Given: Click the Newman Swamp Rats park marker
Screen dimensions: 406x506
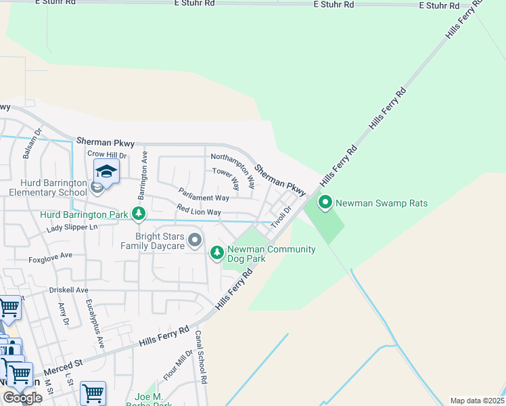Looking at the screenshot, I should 325,202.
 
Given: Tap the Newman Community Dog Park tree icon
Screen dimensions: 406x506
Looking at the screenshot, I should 217,253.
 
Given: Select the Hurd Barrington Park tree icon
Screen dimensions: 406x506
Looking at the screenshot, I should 139,215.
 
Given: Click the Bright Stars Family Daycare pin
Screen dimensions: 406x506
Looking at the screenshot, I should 195,240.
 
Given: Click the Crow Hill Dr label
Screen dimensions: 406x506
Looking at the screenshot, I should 107,154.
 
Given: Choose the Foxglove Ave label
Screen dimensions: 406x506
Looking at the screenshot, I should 50,258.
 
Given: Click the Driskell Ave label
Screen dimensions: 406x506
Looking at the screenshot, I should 68,290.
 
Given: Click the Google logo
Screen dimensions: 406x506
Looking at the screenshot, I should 22,398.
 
